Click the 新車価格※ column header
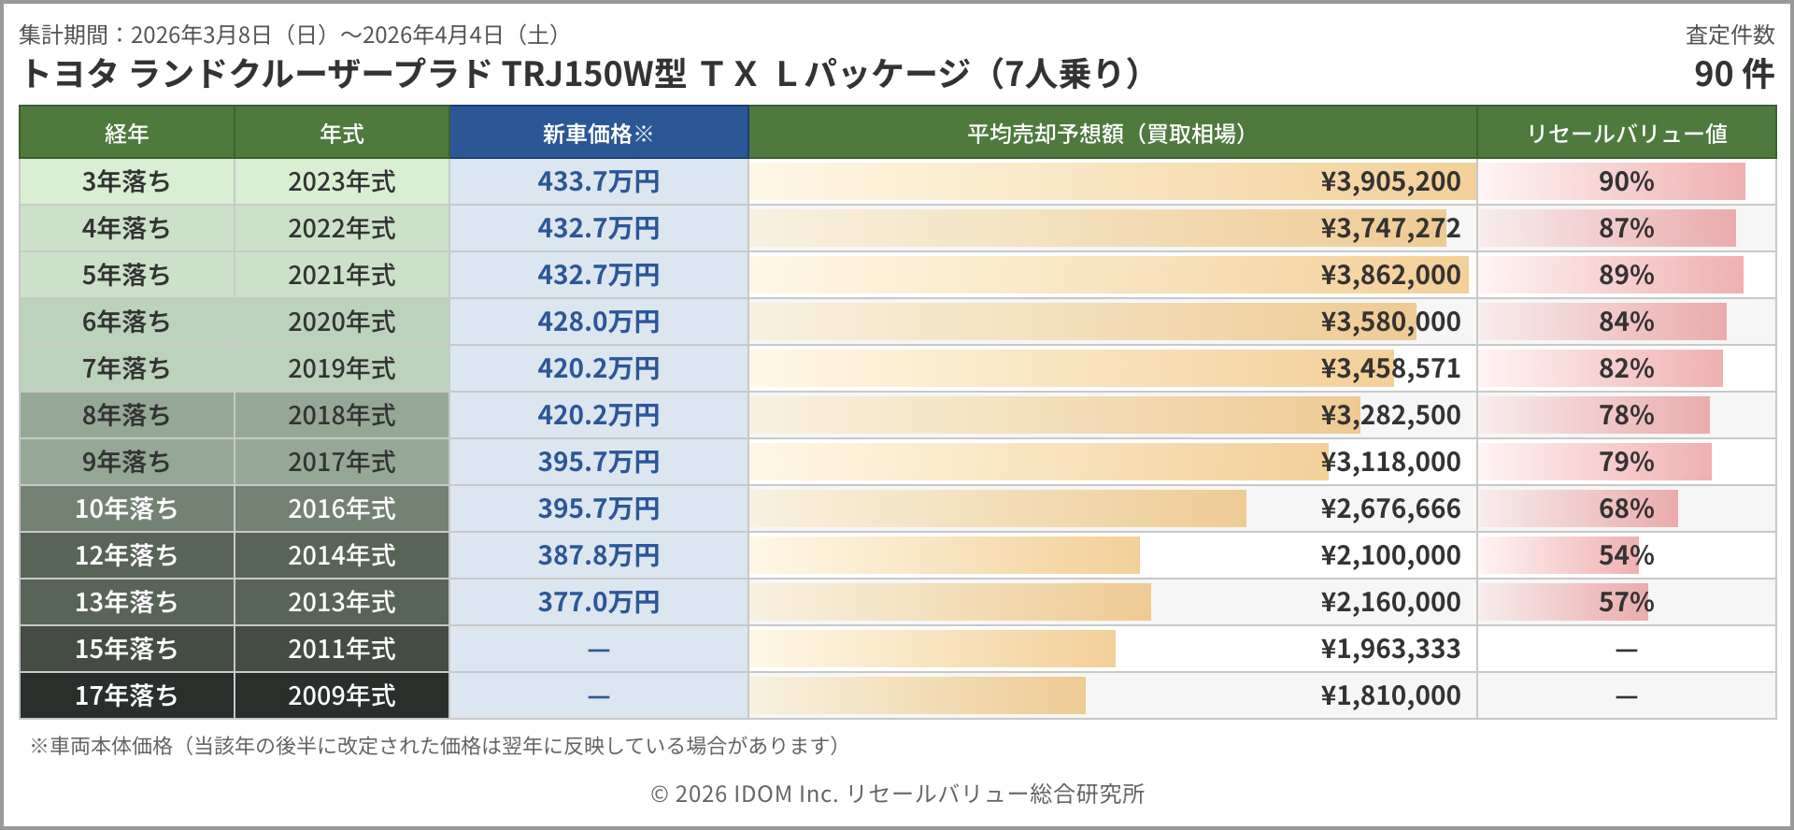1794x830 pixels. tap(598, 134)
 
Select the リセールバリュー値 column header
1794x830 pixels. tap(1626, 134)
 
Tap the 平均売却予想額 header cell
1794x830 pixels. tap(1111, 134)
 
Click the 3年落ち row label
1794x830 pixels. tap(126, 181)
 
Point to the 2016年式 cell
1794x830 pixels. tap(341, 508)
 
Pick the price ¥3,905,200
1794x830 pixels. tap(1390, 181)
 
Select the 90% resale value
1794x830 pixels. tap(1626, 181)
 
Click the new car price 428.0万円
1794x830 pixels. tap(598, 322)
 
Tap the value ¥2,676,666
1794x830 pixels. tap(1390, 508)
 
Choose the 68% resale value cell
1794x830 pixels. tap(1626, 508)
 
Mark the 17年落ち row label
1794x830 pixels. tap(126, 695)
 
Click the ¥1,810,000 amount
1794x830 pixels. tap(1390, 695)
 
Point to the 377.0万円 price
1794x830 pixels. tap(598, 602)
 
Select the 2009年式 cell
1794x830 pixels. tap(341, 695)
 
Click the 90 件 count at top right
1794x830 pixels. tap(1733, 74)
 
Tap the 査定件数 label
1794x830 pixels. tap(1730, 35)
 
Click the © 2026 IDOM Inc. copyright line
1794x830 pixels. tap(897, 794)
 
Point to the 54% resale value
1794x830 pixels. tap(1626, 555)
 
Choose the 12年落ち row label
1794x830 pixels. tap(126, 555)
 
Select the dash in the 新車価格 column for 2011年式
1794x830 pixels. tap(598, 650)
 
